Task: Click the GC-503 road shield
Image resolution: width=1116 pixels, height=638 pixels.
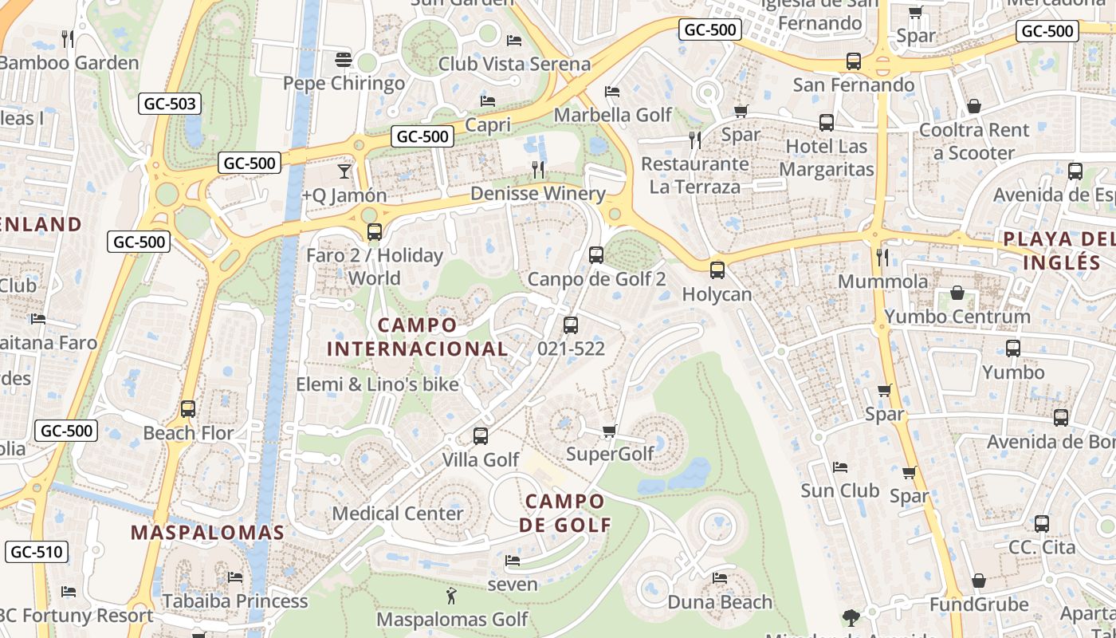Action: pyautogui.click(x=170, y=104)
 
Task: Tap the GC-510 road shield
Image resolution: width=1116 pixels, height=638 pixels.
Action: pyautogui.click(x=37, y=552)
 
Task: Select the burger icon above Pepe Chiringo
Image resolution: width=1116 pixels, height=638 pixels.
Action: pyautogui.click(x=344, y=60)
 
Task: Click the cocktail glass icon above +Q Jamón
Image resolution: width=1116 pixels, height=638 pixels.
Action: pyautogui.click(x=344, y=171)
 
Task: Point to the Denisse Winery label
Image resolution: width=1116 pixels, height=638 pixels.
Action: pyautogui.click(x=538, y=194)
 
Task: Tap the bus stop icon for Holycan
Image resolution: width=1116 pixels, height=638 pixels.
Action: pyautogui.click(x=717, y=270)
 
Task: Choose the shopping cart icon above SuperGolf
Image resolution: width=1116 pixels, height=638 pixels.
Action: pyautogui.click(x=610, y=431)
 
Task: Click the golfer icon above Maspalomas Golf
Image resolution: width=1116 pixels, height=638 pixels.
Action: pyautogui.click(x=451, y=596)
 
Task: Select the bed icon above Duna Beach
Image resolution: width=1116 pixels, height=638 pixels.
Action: pyautogui.click(x=720, y=578)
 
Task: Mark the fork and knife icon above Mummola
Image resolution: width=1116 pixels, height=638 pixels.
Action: pyautogui.click(x=882, y=257)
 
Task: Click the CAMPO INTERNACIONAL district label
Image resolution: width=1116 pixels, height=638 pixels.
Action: pyautogui.click(x=417, y=337)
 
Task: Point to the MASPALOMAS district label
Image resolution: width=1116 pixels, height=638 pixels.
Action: pyautogui.click(x=207, y=533)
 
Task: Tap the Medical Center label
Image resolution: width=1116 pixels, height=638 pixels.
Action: pyautogui.click(x=398, y=513)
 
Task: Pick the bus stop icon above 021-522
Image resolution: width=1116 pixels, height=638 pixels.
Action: pyautogui.click(x=571, y=325)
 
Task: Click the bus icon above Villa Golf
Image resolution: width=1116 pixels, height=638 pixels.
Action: pyautogui.click(x=480, y=436)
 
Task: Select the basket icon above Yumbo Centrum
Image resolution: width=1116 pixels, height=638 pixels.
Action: pyautogui.click(x=957, y=293)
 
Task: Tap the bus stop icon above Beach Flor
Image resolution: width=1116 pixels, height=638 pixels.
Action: pyautogui.click(x=188, y=409)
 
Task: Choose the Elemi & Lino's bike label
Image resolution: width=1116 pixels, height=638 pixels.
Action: pyautogui.click(x=377, y=384)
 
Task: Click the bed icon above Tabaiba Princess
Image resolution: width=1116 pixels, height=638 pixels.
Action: pyautogui.click(x=235, y=577)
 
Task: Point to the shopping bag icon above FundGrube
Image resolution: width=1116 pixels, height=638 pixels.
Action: pyautogui.click(x=978, y=581)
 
